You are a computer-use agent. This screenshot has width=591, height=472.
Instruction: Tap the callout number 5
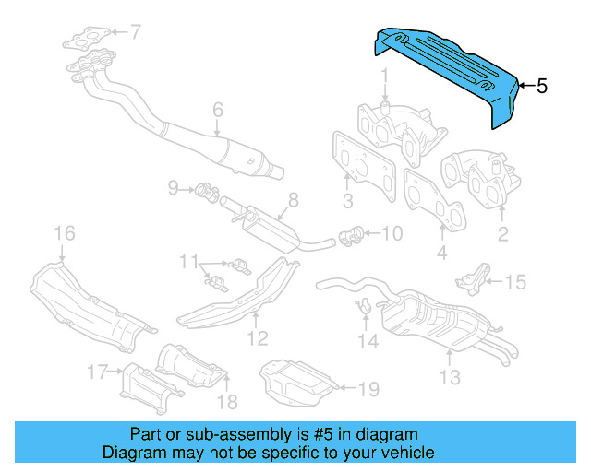(542, 87)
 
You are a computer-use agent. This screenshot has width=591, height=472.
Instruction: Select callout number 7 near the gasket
(135, 32)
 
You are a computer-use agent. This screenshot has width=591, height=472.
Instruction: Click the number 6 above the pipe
(218, 111)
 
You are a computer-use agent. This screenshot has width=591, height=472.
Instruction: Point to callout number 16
(63, 232)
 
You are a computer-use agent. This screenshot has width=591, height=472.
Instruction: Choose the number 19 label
(368, 390)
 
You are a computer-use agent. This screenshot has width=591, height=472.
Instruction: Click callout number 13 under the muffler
(450, 376)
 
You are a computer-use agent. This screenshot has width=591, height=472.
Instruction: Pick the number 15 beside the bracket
(514, 282)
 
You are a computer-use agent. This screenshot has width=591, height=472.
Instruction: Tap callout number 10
(392, 233)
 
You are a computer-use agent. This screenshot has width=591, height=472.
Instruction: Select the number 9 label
(173, 189)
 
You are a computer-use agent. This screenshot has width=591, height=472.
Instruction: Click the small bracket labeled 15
(476, 275)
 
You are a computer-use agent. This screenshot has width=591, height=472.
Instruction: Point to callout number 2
(502, 234)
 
